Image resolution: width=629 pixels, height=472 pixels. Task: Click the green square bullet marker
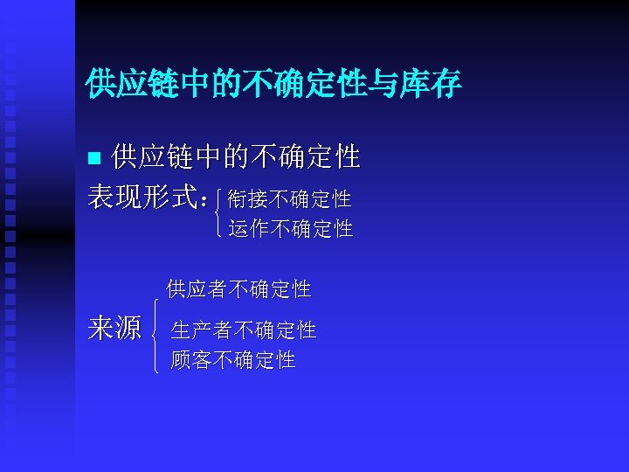(96, 158)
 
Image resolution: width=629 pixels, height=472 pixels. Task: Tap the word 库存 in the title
(434, 84)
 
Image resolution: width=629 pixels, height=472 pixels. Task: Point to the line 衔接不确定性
(289, 199)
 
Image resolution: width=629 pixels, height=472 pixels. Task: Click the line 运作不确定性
(290, 229)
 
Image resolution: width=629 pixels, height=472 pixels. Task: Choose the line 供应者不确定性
(238, 288)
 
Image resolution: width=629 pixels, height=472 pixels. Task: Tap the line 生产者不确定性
(244, 330)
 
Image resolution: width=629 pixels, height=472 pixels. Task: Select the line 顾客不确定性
(233, 359)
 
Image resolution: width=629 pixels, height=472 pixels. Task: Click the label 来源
(114, 329)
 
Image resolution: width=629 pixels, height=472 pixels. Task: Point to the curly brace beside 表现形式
(217, 214)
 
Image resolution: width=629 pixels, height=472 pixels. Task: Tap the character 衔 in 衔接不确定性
(237, 199)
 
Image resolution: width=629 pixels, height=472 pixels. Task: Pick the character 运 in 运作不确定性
(238, 229)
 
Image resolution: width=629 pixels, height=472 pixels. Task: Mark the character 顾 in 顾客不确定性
(181, 359)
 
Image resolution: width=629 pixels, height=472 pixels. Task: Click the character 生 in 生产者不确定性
(181, 330)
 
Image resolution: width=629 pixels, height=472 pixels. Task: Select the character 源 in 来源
(128, 329)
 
